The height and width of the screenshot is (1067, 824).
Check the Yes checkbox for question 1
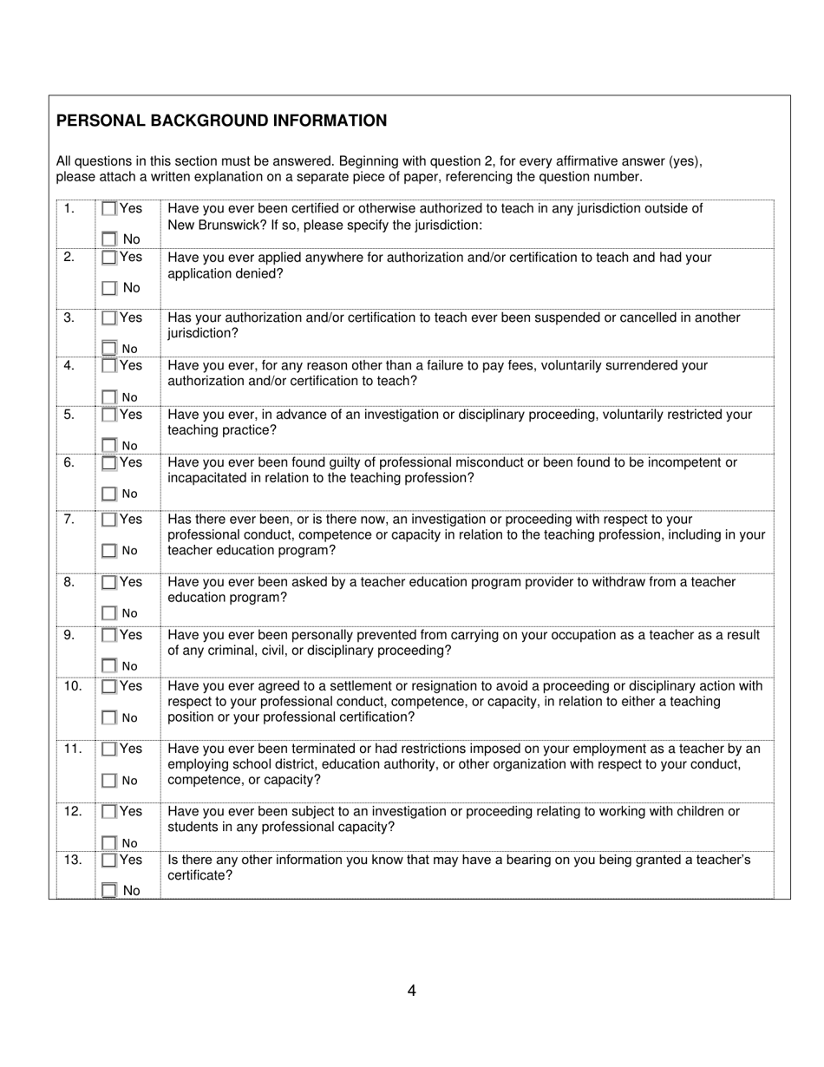click(x=109, y=209)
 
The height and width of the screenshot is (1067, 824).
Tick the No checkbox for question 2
click(x=109, y=288)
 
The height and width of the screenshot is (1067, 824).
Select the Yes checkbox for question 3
click(x=109, y=318)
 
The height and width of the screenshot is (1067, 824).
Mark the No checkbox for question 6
click(x=109, y=494)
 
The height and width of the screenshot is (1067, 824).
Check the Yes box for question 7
click(x=109, y=520)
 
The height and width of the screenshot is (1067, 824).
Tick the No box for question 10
click(x=109, y=718)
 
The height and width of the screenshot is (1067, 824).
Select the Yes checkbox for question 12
click(x=109, y=812)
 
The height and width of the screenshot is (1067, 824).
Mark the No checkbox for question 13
click(x=109, y=890)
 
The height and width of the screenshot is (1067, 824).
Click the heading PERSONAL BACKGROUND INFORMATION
click(x=222, y=121)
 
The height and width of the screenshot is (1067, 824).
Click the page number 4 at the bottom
click(x=411, y=991)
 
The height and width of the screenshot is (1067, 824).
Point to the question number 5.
click(x=69, y=415)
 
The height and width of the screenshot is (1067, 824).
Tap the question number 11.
click(x=73, y=749)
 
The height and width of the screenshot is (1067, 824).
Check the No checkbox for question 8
click(x=109, y=613)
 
